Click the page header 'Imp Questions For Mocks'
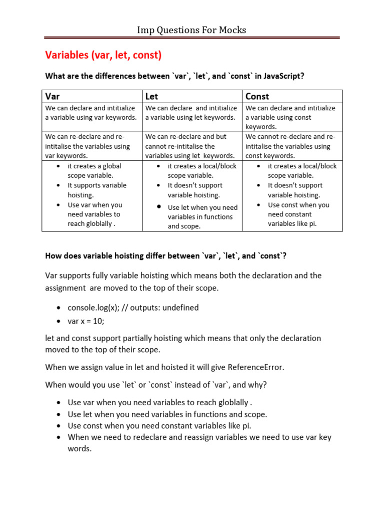coord(191,30)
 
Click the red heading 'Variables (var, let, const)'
coord(103,55)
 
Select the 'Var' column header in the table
coord(52,96)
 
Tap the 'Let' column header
coord(151,96)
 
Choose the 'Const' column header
coord(257,96)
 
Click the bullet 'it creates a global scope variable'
coord(94,170)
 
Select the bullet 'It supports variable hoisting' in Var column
coord(97,190)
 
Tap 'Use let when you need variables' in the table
coord(202,207)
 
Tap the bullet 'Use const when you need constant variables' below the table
coord(159,426)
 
